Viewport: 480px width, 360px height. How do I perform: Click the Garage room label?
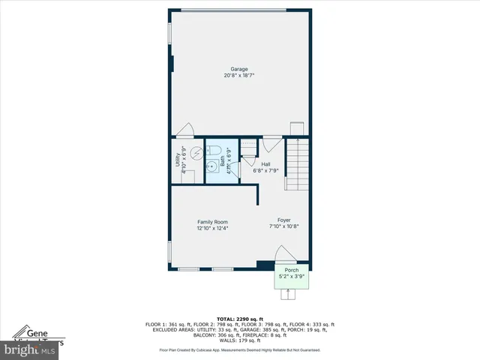point(238,69)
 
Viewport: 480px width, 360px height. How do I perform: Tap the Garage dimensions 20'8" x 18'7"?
point(238,76)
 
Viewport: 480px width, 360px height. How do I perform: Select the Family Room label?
point(212,221)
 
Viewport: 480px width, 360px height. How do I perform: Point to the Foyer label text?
point(284,220)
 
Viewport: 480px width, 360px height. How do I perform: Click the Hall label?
point(265,163)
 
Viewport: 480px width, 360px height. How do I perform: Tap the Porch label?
point(292,270)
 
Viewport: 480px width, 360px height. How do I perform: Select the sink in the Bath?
point(212,166)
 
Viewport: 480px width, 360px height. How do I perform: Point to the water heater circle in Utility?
point(196,152)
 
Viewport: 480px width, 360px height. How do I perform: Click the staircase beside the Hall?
point(298,166)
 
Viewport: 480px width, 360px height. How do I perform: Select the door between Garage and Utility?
point(184,131)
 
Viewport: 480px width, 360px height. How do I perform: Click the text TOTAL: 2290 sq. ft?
point(240,318)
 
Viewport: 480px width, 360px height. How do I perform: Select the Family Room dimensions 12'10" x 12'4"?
point(212,228)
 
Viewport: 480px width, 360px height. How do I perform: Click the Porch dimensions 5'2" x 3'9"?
point(292,277)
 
